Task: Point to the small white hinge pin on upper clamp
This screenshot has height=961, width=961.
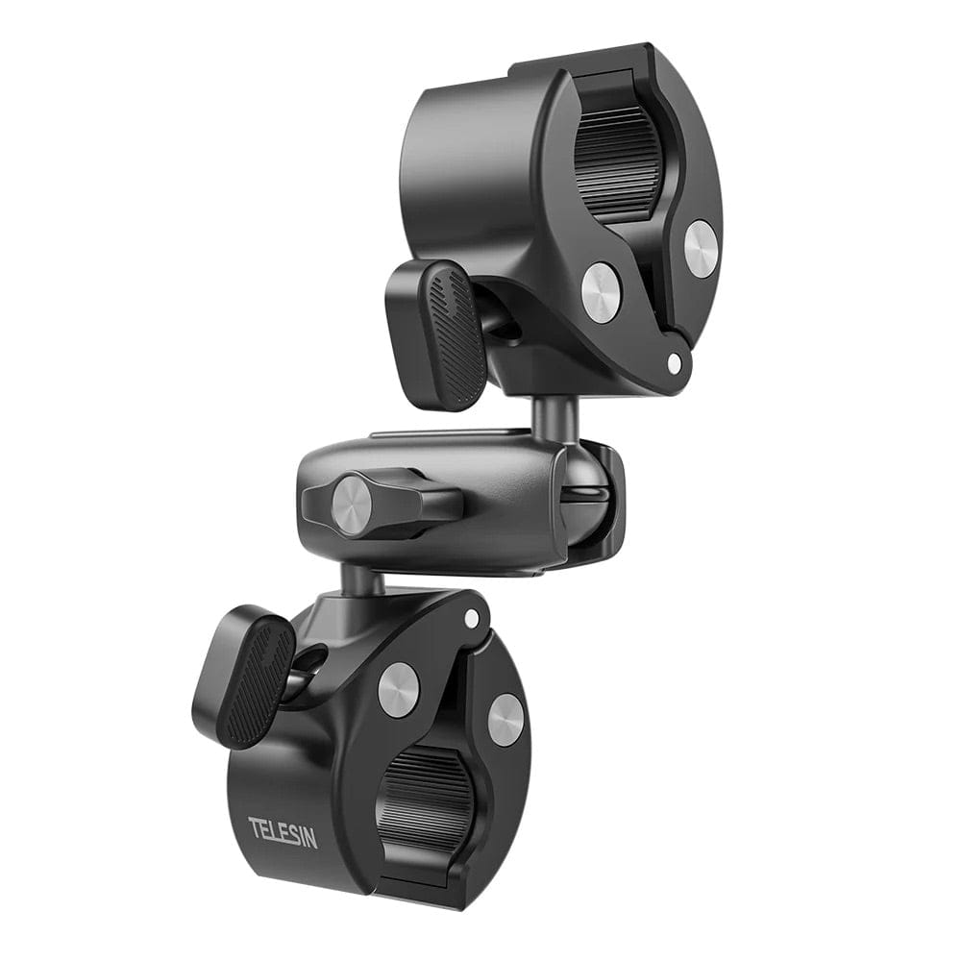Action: point(676,363)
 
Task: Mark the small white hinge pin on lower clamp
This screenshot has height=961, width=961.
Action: point(471,618)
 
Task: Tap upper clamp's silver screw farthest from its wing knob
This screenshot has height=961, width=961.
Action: point(701,249)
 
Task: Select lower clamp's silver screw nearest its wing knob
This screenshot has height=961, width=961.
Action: point(398,689)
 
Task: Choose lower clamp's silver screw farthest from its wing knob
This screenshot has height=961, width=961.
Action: point(505,719)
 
